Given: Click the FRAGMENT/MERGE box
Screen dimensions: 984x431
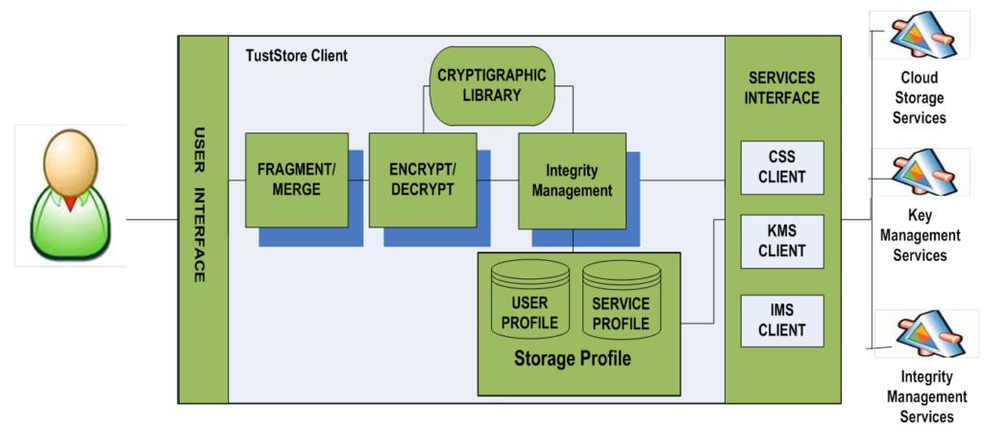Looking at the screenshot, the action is click(x=297, y=180).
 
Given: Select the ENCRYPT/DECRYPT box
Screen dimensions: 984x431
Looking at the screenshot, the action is click(x=422, y=180).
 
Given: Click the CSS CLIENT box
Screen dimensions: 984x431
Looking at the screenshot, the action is click(x=782, y=167).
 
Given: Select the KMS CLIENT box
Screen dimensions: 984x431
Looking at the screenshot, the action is click(x=782, y=241).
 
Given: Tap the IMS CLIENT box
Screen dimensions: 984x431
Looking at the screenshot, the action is click(x=782, y=321).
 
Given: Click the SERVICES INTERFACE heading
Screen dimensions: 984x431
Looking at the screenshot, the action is click(x=784, y=87).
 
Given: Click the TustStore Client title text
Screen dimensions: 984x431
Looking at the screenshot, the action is click(x=297, y=56).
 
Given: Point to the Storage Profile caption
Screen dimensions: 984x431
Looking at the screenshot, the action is click(x=573, y=359).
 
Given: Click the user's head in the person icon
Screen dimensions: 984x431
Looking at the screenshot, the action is click(x=71, y=163).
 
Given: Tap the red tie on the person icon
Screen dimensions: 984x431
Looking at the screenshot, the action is click(x=71, y=203).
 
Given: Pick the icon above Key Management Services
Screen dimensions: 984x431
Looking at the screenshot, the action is click(x=920, y=173).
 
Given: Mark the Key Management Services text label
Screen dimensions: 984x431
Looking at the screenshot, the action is click(x=920, y=235).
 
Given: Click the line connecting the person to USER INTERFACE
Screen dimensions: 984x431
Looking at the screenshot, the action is click(x=153, y=220).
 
